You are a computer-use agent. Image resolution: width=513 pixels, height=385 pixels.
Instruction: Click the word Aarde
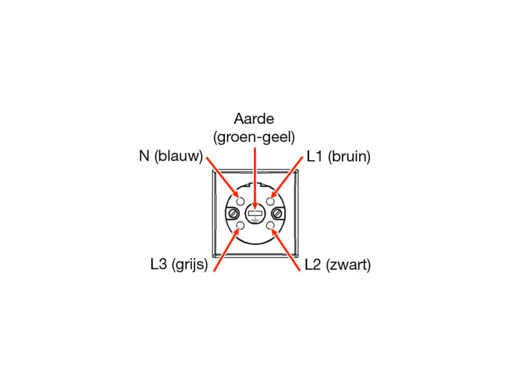click(254, 119)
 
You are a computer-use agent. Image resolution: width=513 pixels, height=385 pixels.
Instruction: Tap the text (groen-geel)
click(254, 137)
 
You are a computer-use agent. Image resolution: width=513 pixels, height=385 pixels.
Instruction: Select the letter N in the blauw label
click(144, 156)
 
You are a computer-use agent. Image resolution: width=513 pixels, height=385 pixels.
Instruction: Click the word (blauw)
click(179, 156)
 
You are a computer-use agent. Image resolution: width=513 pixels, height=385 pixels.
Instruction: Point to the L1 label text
click(315, 157)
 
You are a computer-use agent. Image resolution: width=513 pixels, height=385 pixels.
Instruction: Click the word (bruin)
click(349, 157)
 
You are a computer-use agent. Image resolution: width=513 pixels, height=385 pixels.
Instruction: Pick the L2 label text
click(313, 264)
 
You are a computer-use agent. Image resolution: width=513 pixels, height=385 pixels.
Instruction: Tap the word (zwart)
click(348, 265)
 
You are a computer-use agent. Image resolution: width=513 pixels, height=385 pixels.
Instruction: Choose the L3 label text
click(158, 264)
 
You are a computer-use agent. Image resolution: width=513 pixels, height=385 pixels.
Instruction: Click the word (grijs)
click(190, 264)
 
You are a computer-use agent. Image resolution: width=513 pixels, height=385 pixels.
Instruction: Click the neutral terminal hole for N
click(240, 201)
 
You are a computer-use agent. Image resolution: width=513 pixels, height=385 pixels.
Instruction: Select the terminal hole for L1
click(270, 201)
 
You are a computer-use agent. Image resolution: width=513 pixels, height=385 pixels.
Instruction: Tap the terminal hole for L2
click(270, 225)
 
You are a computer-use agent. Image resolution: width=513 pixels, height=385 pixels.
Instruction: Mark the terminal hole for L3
click(240, 225)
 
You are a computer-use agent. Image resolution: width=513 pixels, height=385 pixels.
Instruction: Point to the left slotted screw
click(233, 214)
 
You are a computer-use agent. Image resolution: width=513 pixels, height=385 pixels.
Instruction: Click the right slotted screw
click(278, 214)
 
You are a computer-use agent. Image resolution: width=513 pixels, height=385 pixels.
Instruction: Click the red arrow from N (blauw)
click(223, 178)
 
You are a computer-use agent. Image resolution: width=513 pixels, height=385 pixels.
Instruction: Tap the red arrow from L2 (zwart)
click(285, 250)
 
